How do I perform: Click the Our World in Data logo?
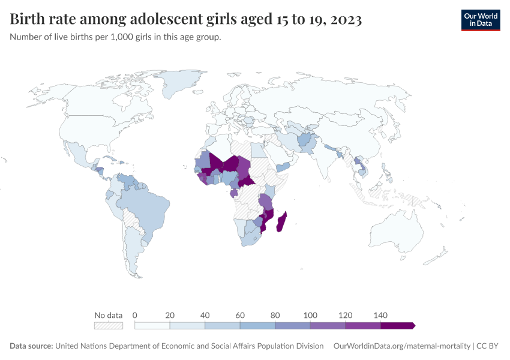point(480,20)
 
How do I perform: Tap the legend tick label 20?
point(170,315)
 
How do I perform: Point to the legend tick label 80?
point(275,315)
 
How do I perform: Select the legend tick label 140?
point(380,315)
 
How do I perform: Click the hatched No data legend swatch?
point(108,325)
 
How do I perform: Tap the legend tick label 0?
point(135,315)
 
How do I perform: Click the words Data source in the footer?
point(31,346)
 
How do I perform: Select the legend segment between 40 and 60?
point(222,325)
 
